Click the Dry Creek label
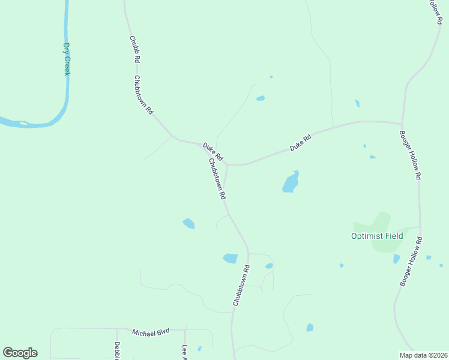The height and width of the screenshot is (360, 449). pos(67,59)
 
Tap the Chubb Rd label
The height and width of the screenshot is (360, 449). pos(134,50)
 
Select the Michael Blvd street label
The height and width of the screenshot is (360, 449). pos(151,332)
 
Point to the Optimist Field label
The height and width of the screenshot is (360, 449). pos(377,236)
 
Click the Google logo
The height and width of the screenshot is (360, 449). pos(20,353)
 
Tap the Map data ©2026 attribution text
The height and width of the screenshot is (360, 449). pos(423,355)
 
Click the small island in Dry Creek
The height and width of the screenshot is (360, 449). pos(23,123)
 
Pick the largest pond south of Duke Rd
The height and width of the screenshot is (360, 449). pos(291,182)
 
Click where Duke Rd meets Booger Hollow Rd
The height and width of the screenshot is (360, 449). pos(402,123)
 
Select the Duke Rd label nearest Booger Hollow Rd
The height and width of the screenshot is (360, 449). pos(300,142)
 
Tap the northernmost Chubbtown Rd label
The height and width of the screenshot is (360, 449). pos(144,95)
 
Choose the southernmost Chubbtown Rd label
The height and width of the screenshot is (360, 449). pos(241,286)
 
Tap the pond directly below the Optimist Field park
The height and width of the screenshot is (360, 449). pos(396,259)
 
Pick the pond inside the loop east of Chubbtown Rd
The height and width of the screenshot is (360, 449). pos(269,266)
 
